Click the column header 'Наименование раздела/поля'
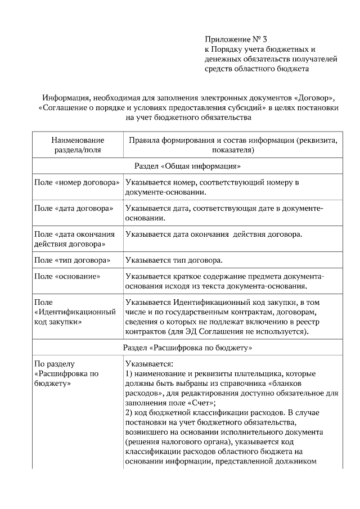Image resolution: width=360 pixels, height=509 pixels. pos(78,145)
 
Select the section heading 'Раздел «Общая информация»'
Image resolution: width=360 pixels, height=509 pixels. pos(188,167)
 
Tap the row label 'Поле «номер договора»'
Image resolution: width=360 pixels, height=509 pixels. pos(77,183)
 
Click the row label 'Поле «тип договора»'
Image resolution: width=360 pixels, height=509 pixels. pos(72,260)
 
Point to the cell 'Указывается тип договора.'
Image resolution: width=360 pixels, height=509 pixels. pos(174,260)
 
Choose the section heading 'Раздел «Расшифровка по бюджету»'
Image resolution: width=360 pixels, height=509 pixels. pos(187,348)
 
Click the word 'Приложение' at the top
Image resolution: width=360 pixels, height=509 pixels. pos(225,40)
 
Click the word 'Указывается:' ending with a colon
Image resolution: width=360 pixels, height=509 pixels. pos(149,364)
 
